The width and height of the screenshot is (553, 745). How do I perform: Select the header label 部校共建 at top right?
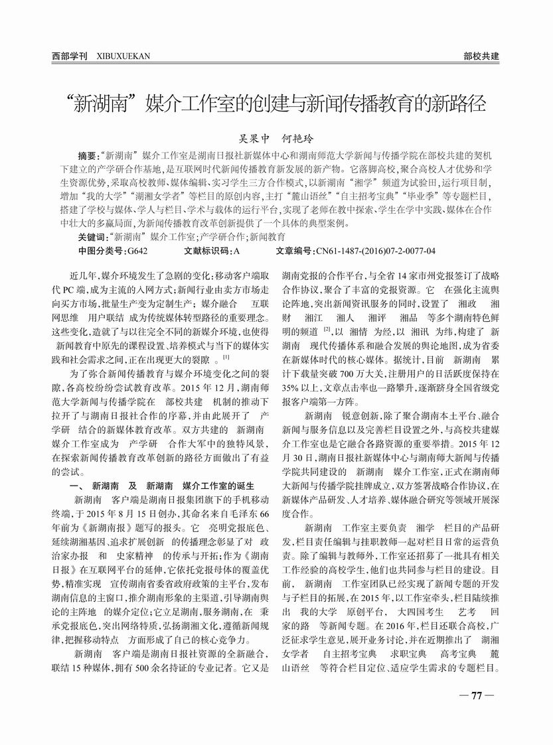tap(481, 56)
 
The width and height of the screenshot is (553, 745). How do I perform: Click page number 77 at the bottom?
tap(475, 696)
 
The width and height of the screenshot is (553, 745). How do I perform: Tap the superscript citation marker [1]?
tap(226, 358)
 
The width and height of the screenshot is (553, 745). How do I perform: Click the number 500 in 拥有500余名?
tap(133, 681)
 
